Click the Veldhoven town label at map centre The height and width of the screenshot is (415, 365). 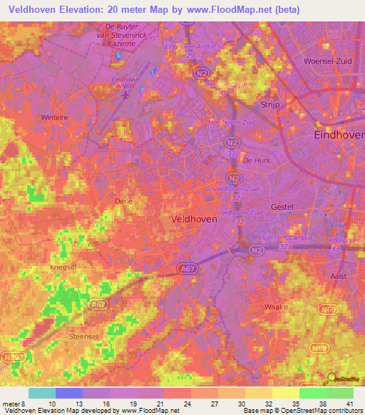[195, 220]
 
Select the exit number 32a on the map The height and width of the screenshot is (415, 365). [285, 246]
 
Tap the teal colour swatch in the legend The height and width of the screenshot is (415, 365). [41, 393]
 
